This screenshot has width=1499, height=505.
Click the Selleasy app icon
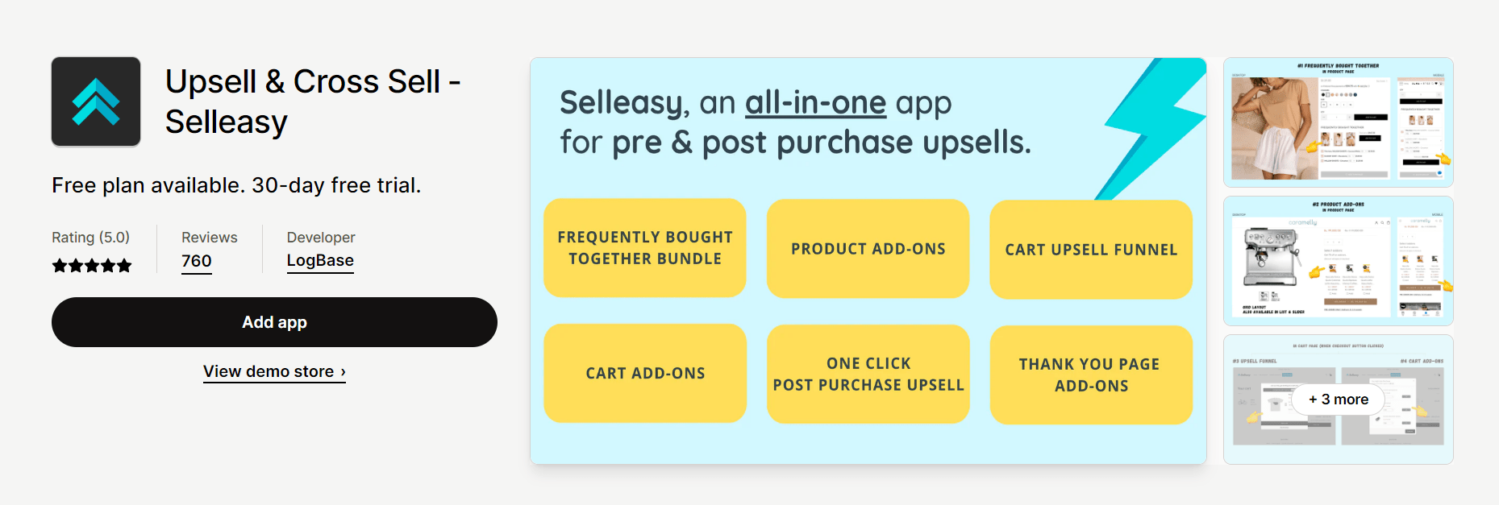pos(96,101)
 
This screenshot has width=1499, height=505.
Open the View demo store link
pos(274,371)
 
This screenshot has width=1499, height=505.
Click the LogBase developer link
pos(320,261)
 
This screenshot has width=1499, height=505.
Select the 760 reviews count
pos(196,262)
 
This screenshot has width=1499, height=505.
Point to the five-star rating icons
pos(91,266)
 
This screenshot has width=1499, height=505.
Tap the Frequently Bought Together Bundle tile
pos(645,248)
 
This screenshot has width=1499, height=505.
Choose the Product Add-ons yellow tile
pos(868,249)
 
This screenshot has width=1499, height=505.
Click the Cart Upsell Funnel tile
pos(1090,250)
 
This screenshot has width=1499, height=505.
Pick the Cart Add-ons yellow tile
pos(645,373)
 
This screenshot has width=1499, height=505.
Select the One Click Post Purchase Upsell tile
pos(868,374)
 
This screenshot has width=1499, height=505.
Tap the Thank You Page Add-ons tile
pos(1090,375)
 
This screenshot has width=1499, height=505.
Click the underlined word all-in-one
pos(815,103)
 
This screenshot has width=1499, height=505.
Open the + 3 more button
pos(1338,399)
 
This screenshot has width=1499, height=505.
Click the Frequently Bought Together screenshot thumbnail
pos(1338,122)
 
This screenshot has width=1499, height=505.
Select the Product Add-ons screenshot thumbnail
pos(1338,261)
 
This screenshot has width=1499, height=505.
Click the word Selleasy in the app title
pos(227,122)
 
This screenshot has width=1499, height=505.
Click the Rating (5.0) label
pos(90,238)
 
